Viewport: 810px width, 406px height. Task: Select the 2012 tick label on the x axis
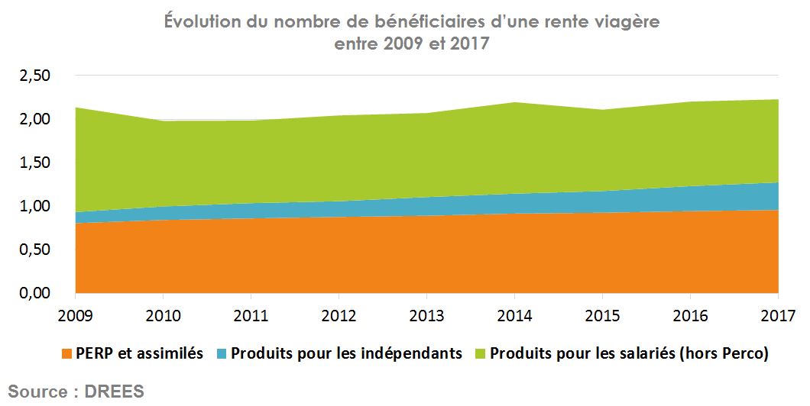tap(339, 315)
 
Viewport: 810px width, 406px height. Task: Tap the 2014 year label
tap(514, 315)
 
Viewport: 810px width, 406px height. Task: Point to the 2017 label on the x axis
tap(778, 315)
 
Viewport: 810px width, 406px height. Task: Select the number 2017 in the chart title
tap(467, 44)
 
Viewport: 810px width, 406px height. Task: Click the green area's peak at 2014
tap(514, 103)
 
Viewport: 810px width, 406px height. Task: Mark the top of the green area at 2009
tap(76, 108)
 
